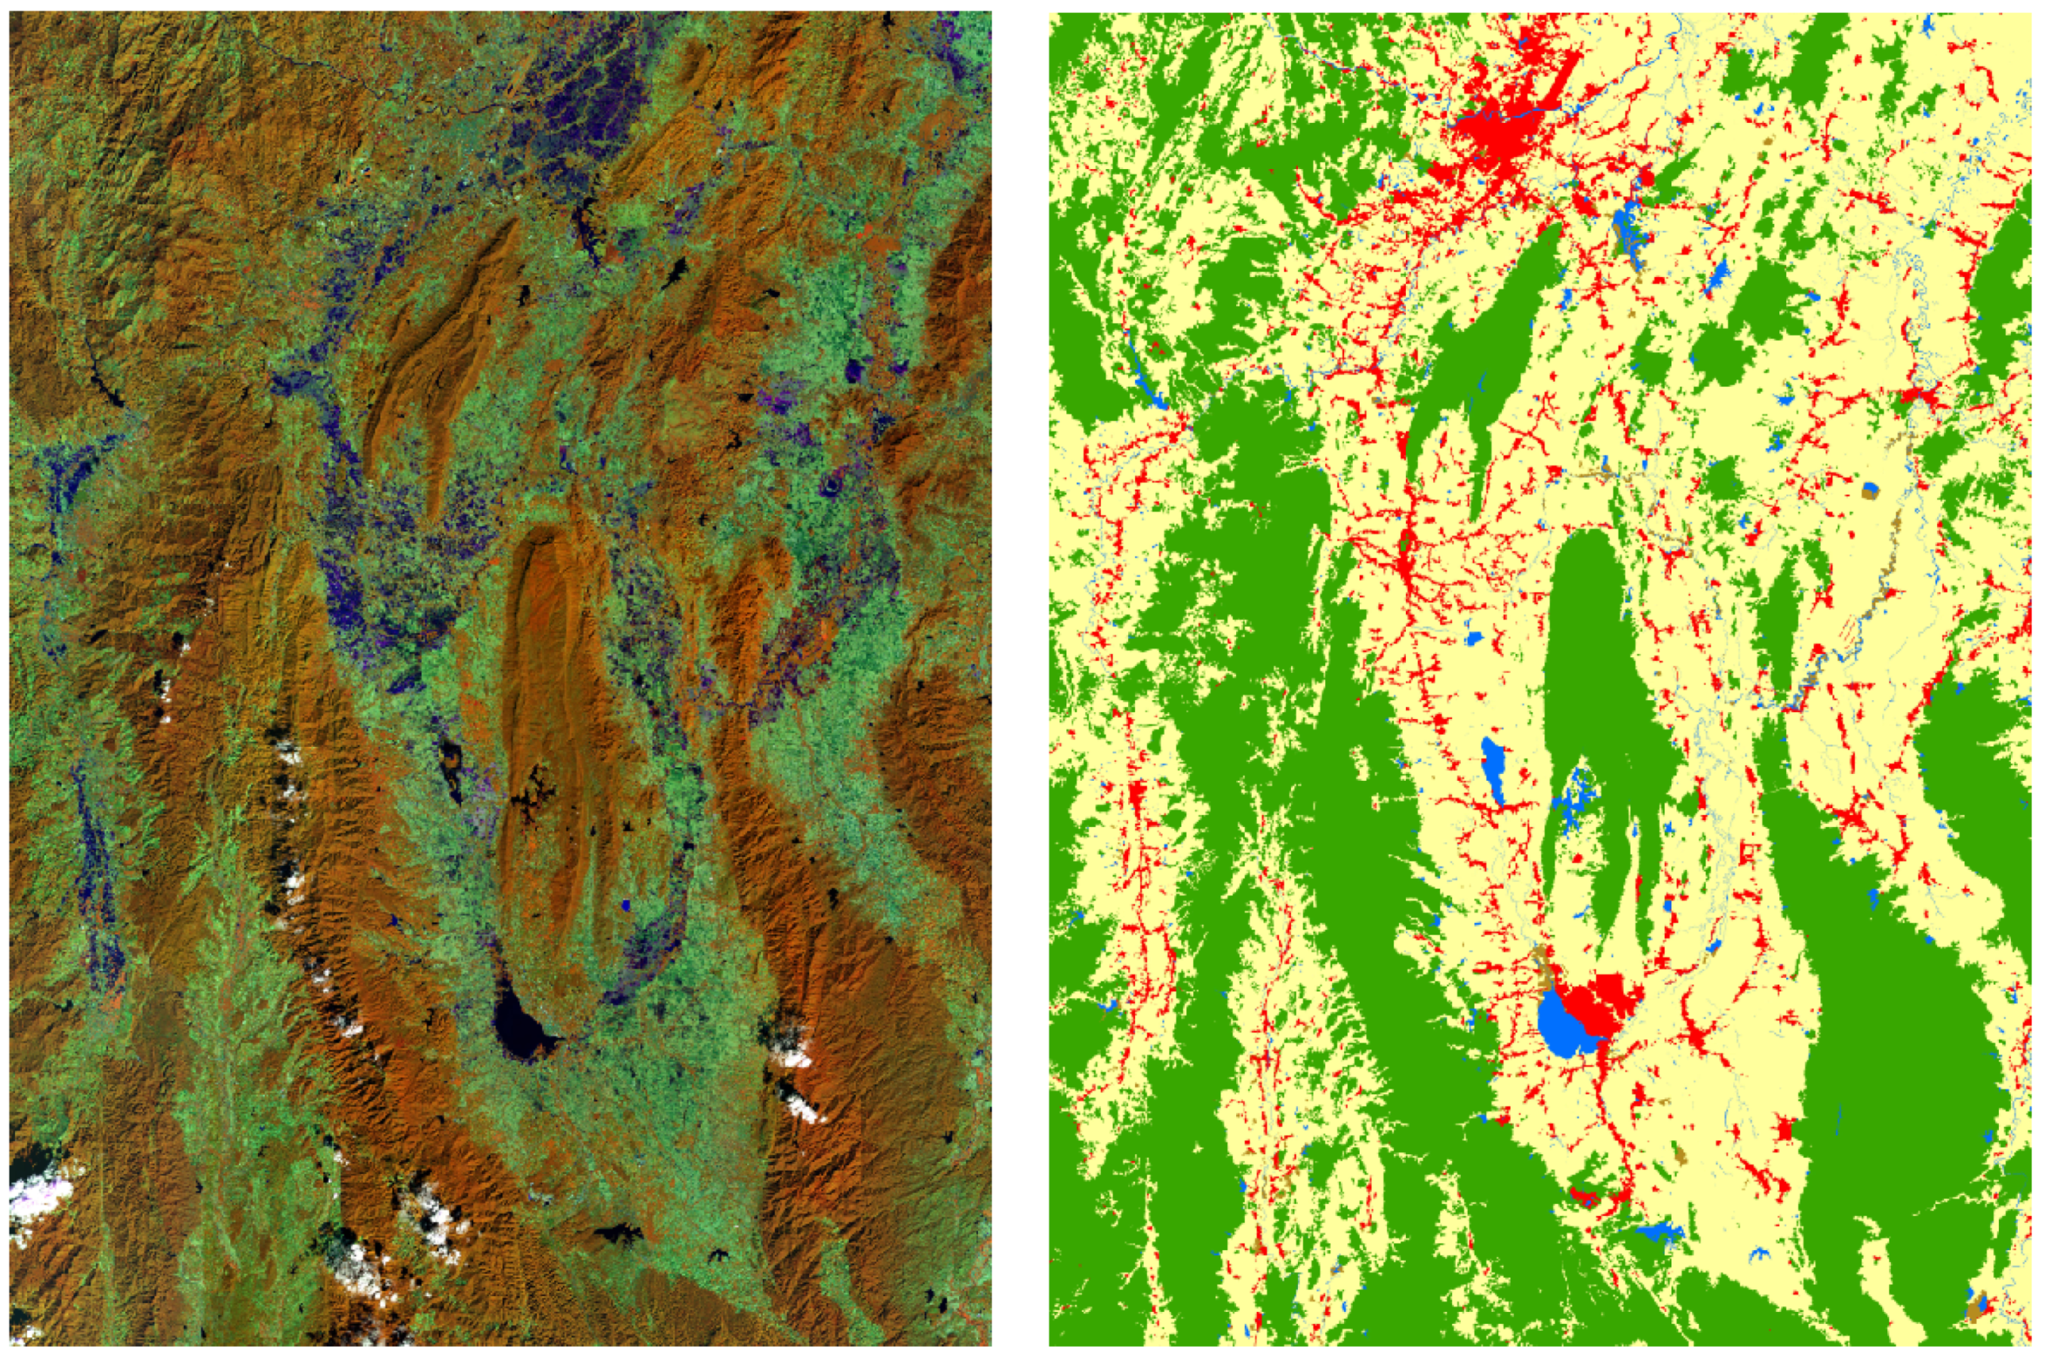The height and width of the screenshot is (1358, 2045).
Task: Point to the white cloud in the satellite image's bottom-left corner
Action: point(39,1200)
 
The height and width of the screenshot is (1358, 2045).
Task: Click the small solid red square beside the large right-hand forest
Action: point(1782,1129)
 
